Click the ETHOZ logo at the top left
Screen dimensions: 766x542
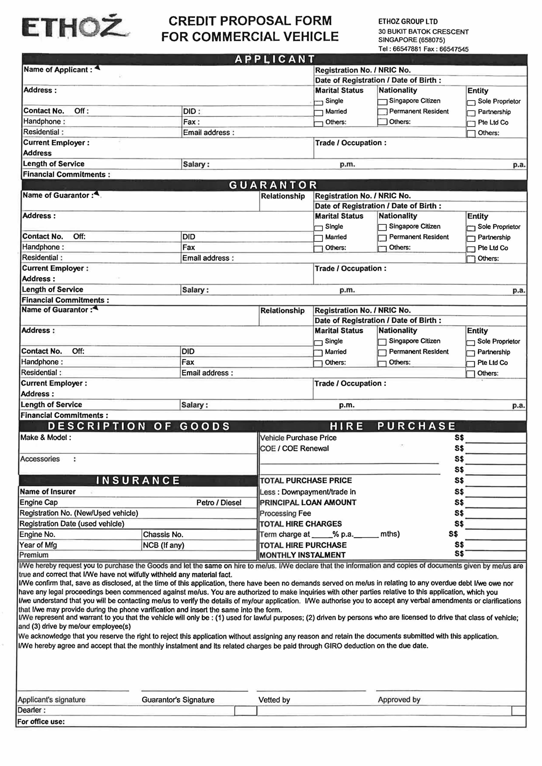[75, 27]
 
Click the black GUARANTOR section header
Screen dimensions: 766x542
[273, 185]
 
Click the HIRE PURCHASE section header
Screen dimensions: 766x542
[393, 426]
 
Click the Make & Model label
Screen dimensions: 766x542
[46, 437]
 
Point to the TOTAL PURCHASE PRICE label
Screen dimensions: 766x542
[306, 480]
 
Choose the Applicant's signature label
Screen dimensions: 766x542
[51, 700]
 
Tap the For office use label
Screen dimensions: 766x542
[41, 722]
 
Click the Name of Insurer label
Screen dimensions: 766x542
[48, 491]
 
